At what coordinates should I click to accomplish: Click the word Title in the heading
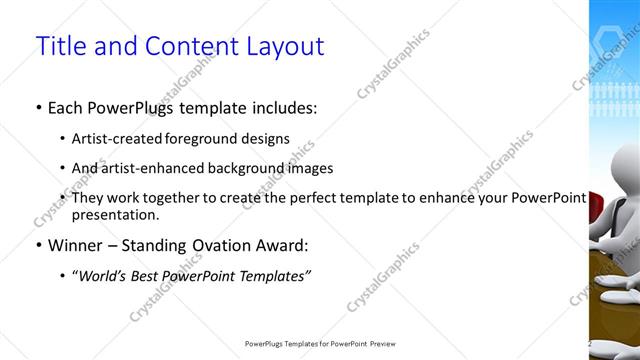[x=59, y=46]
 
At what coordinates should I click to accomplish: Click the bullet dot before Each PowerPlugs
[x=38, y=107]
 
